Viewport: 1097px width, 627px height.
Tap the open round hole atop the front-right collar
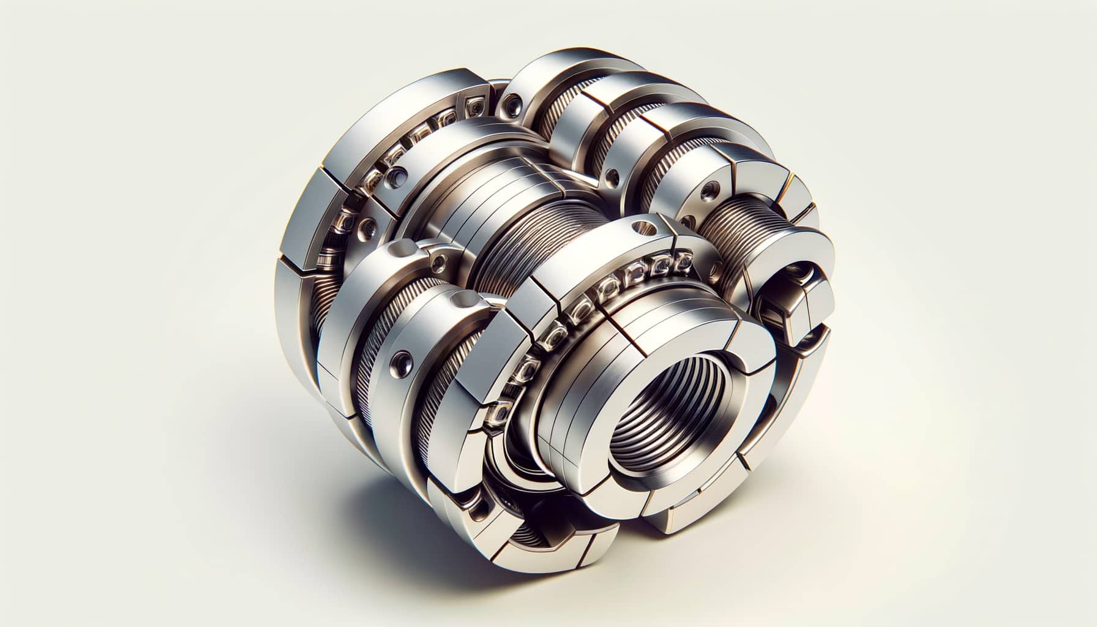pos(642,227)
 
